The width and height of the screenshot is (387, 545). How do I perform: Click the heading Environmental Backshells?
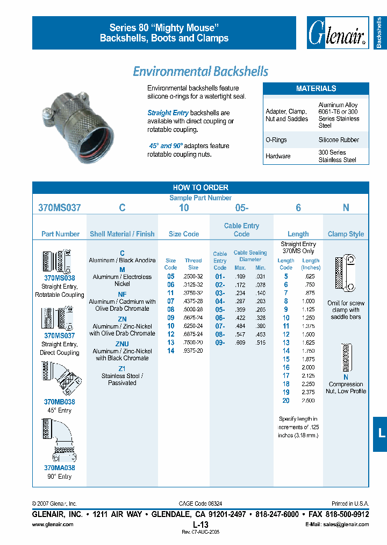200,71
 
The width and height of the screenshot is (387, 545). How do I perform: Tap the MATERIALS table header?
316,88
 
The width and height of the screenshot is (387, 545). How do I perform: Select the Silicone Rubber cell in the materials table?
339,139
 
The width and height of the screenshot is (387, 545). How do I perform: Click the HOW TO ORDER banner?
200,187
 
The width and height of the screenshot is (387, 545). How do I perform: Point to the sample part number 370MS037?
60,207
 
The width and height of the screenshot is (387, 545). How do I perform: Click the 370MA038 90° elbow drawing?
59,440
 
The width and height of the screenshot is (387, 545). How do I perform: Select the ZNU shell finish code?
122,344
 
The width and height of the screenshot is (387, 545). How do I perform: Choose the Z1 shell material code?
122,368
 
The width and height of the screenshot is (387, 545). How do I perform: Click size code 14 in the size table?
171,351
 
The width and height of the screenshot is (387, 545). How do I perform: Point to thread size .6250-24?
193,326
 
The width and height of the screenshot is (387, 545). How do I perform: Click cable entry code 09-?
220,343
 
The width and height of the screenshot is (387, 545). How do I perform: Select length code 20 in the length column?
286,401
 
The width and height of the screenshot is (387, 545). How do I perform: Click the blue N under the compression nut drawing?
346,378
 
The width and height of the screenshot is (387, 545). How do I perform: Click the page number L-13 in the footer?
200,524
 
